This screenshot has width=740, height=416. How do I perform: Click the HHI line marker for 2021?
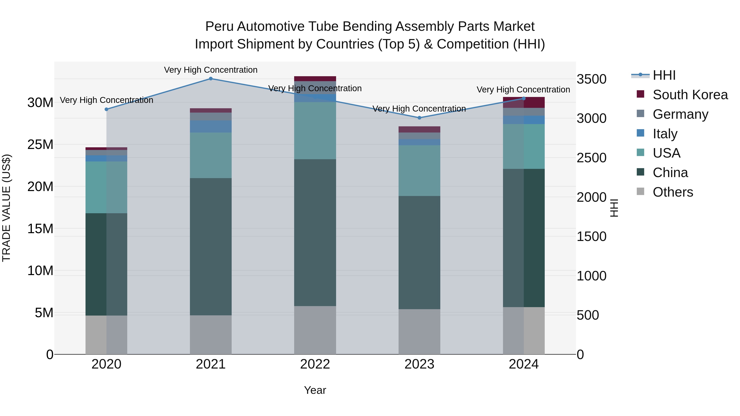tap(210, 79)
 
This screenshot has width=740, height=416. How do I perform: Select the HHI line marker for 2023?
tap(419, 118)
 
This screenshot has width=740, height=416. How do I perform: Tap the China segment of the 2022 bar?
tap(315, 233)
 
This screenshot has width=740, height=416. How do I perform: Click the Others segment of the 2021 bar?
tap(210, 335)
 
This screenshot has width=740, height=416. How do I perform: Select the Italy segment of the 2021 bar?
tap(210, 126)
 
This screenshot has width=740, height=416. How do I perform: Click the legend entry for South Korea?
tap(690, 95)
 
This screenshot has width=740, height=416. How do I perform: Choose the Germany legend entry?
tap(680, 114)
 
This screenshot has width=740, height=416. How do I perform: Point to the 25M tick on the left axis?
tap(40, 144)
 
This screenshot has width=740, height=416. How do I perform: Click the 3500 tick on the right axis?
tap(591, 79)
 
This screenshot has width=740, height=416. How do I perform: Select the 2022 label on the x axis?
tap(315, 364)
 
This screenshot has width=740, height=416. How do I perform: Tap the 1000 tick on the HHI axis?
tap(591, 276)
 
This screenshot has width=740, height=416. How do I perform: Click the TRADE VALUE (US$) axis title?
tap(6, 208)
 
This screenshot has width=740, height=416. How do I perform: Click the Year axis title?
tap(315, 390)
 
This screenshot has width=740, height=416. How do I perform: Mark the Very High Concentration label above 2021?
tap(210, 70)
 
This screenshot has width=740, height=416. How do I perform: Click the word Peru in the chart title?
tap(220, 27)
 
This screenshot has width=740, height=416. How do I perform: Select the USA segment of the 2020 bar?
tap(106, 187)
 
